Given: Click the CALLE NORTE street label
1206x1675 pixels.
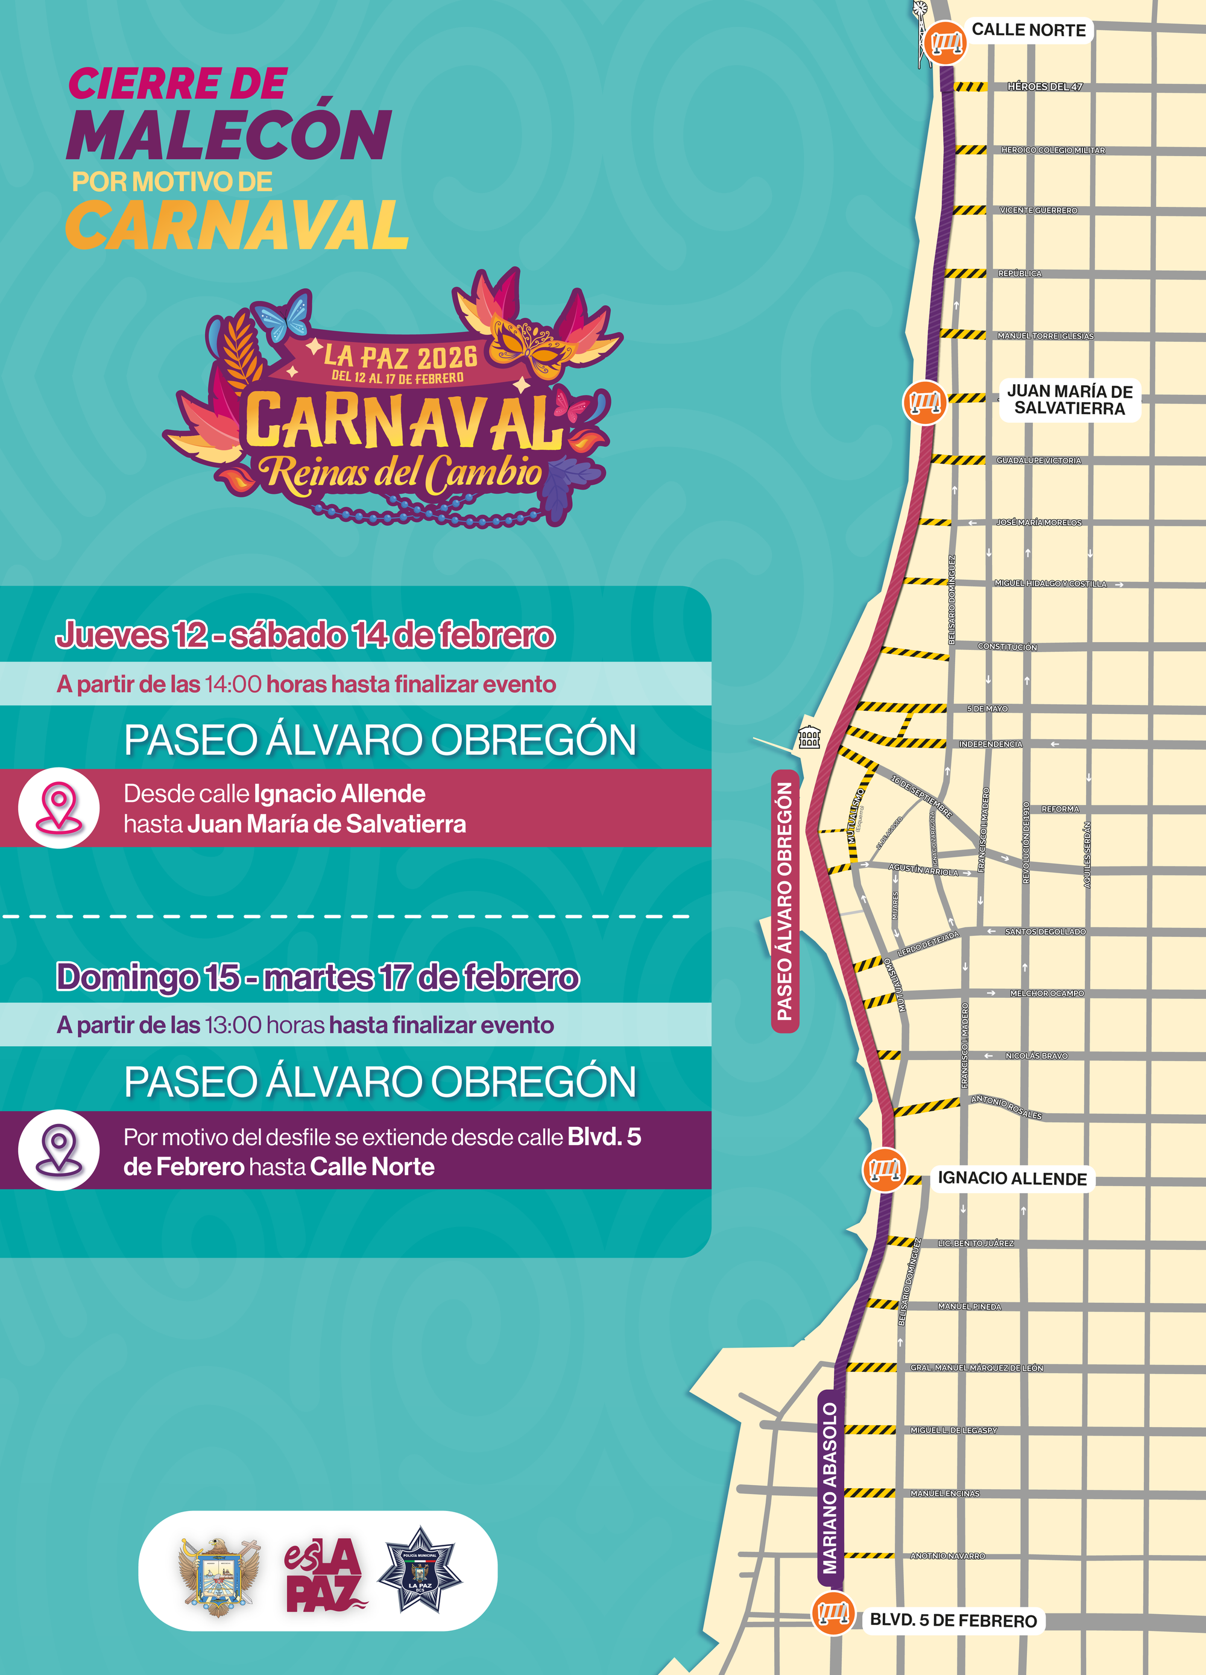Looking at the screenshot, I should click(1028, 30).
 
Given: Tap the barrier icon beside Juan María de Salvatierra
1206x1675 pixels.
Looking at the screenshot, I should click(924, 403).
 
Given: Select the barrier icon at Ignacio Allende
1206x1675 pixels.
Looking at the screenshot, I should click(884, 1170).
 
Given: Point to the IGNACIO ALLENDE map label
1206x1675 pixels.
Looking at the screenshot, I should click(1012, 1179).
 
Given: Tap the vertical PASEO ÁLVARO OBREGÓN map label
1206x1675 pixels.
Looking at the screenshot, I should click(785, 901).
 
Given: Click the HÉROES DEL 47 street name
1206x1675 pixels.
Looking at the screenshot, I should click(1044, 87).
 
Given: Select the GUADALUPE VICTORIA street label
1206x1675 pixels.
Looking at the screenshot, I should click(1038, 461).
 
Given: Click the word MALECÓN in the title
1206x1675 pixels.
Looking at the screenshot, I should click(229, 135).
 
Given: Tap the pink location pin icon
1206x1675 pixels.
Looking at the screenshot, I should click(59, 807).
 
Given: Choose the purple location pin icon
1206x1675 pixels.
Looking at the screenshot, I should click(59, 1150).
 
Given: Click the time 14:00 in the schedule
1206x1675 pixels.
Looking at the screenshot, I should click(233, 684).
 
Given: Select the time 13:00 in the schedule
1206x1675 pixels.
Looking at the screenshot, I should click(233, 1025).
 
